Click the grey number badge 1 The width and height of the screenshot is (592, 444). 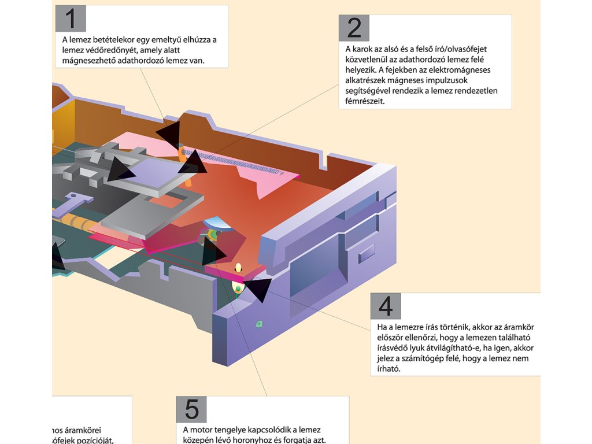71,19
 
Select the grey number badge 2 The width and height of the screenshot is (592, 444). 354,28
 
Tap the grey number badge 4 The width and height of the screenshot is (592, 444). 386,306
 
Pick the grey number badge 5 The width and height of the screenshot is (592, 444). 191,409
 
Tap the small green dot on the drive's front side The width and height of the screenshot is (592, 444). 259,324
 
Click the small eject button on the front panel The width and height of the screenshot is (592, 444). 367,253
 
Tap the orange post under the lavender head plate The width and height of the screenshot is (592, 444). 188,179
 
